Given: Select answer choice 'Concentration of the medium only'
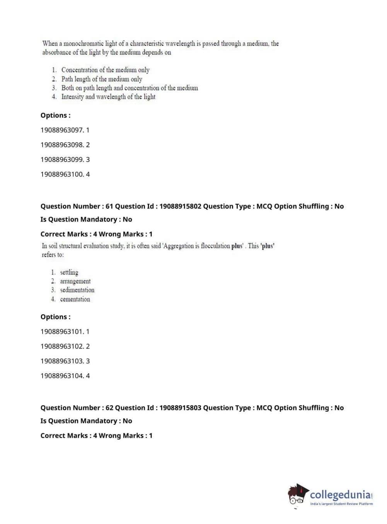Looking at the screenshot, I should point(105,70).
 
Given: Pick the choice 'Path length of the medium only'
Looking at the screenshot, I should point(102,79).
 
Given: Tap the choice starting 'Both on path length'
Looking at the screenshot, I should point(130,88).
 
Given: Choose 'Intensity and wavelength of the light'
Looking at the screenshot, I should point(108,97).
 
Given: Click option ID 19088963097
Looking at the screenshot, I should point(62,130).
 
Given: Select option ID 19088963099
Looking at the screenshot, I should point(62,160).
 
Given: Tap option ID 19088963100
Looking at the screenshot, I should point(62,174).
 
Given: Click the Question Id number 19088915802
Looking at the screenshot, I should point(180,206).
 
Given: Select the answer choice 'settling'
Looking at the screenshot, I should point(69,272).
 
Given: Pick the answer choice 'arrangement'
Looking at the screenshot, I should point(75,281).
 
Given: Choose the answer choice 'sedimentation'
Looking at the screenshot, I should point(77,290).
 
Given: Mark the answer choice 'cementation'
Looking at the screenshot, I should point(75,299).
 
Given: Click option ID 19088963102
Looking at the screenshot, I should point(62,346).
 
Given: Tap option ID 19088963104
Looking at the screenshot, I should point(62,376).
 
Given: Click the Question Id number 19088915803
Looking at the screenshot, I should point(180,408).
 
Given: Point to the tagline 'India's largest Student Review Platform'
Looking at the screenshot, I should point(341,504).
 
